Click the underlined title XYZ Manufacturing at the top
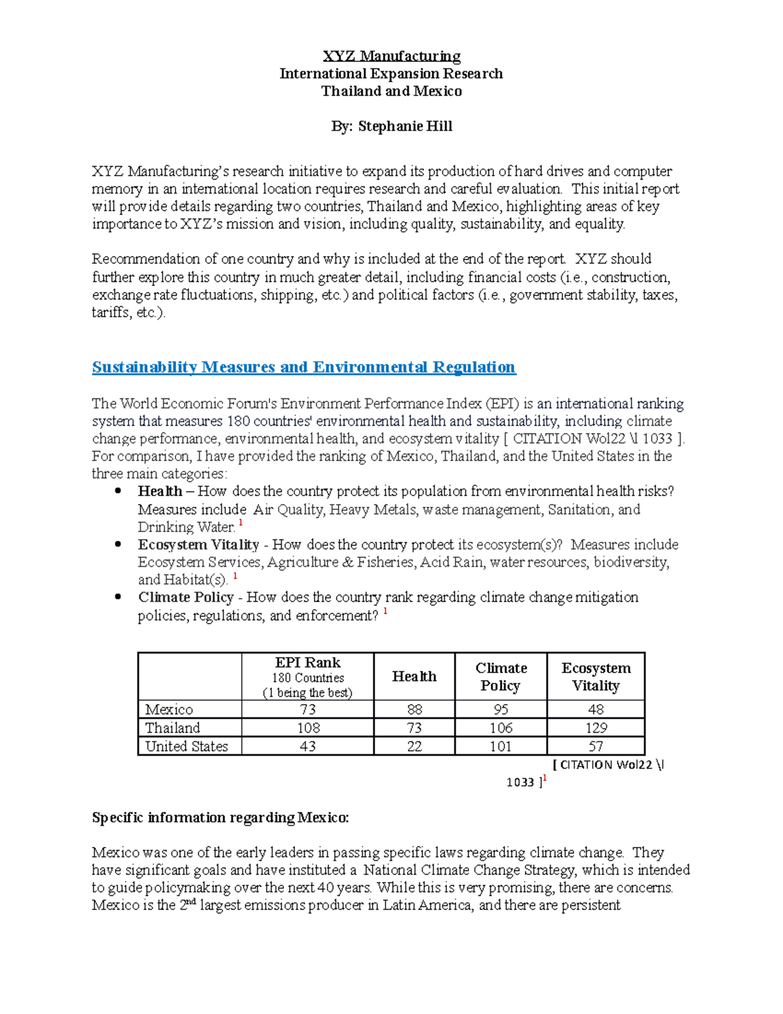[x=391, y=56]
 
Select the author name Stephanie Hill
[x=405, y=126]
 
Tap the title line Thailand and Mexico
[x=391, y=91]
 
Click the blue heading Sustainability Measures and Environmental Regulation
[x=303, y=367]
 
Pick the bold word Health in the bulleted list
[x=160, y=492]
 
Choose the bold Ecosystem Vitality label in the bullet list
[x=198, y=545]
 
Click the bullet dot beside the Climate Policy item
[x=118, y=597]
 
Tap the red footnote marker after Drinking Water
[x=241, y=524]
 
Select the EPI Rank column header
[x=307, y=663]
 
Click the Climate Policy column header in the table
[x=500, y=676]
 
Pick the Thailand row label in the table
[x=172, y=728]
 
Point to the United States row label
[x=187, y=746]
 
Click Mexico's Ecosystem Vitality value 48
[x=595, y=710]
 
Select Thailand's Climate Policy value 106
[x=500, y=728]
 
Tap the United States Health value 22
[x=414, y=746]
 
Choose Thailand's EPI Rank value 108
[x=307, y=728]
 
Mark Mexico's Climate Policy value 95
[x=500, y=710]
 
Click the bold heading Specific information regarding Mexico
[x=221, y=818]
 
